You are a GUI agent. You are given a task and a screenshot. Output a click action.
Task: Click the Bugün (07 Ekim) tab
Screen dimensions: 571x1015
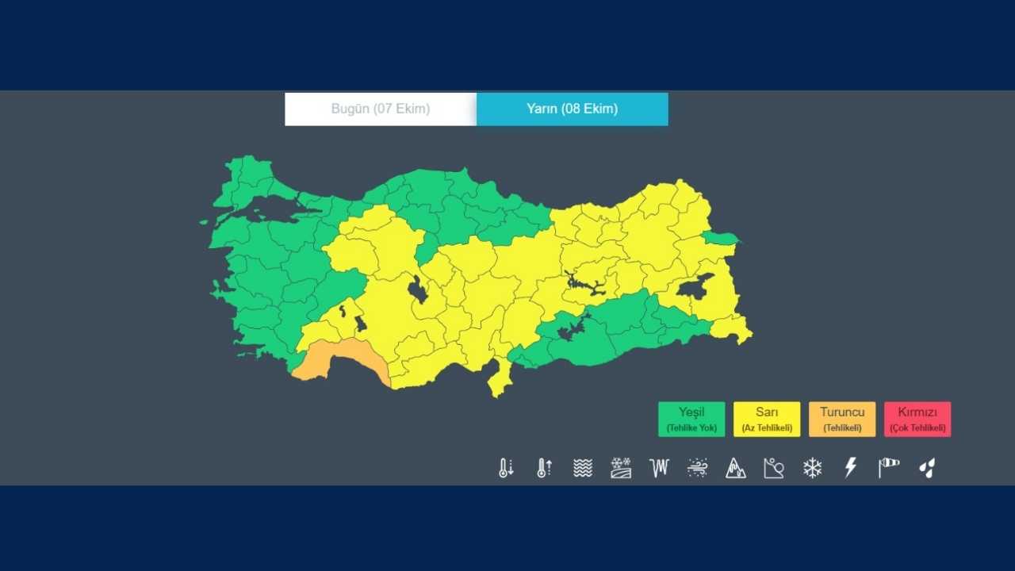pos(381,109)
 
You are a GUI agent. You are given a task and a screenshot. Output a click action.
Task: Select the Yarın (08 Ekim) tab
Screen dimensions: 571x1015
pos(572,109)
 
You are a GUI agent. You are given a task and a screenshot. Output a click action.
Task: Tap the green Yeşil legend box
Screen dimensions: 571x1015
pos(691,419)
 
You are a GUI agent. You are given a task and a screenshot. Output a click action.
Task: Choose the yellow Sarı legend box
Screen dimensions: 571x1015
pos(767,419)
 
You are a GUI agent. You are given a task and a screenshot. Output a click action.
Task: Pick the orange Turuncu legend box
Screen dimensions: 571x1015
pos(842,419)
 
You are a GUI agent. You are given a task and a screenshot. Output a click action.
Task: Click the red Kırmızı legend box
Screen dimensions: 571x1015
pos(917,419)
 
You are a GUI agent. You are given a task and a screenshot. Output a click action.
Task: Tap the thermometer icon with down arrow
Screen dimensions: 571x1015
pos(506,468)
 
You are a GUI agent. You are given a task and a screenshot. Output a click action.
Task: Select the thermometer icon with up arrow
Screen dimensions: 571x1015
pos(544,468)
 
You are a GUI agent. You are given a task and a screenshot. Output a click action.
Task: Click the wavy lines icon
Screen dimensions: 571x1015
pos(583,468)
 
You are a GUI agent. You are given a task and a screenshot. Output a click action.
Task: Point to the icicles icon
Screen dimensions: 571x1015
pos(659,468)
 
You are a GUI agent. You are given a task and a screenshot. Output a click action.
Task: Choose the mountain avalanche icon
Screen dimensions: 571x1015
pos(736,468)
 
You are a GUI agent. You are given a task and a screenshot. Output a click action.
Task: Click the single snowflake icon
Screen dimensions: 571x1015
pos(812,468)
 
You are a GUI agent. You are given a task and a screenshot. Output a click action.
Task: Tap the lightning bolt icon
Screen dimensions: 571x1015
pos(850,468)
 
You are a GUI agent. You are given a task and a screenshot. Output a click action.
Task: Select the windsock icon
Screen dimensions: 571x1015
pos(888,468)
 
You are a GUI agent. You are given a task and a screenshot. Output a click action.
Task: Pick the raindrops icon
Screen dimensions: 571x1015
pos(927,468)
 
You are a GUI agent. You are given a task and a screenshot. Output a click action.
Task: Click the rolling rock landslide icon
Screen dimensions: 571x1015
pos(774,468)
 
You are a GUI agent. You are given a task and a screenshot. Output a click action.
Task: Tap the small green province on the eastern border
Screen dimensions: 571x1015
pos(720,237)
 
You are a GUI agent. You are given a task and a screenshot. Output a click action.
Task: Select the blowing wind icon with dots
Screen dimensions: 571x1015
pos(698,468)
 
